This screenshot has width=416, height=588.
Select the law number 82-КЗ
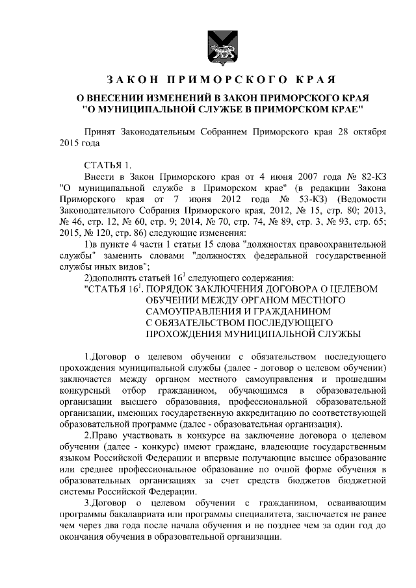pyautogui.click(x=356, y=176)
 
